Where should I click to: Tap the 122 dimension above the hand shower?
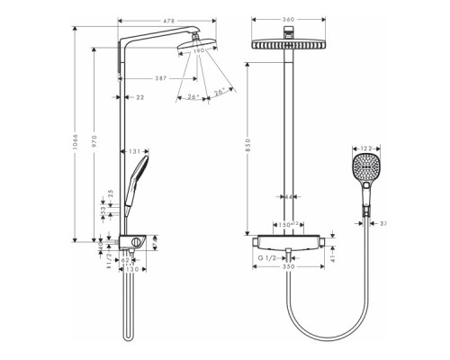[x=365, y=148]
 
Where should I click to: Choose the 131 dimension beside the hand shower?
[x=133, y=151]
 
